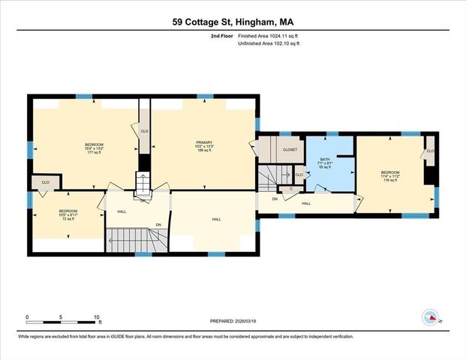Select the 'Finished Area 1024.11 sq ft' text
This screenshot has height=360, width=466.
pos(269,35)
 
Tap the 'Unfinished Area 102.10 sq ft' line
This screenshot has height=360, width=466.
pos(269,43)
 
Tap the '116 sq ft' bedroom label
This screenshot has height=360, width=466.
pos(390,181)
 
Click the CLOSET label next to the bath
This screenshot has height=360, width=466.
pos(290,150)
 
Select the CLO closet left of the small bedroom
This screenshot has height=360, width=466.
pos(46,182)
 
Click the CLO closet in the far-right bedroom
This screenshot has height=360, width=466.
pos(430,151)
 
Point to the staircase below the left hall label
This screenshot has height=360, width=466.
pos(137,240)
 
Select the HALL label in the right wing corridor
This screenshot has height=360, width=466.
pos(306,203)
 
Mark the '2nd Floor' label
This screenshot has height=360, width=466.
pos(222,35)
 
